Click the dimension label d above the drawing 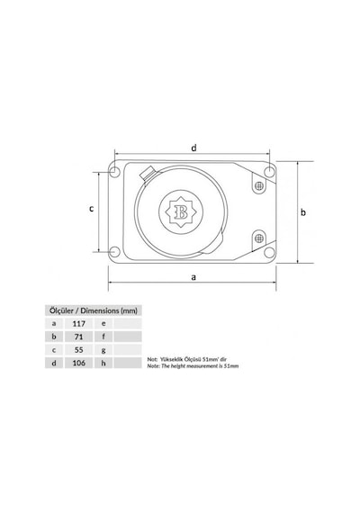(x=194, y=148)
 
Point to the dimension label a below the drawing (x=193, y=277)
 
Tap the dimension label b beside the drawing (x=303, y=212)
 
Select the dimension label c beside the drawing (x=92, y=209)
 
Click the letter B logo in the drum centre (x=181, y=212)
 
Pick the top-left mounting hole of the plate (x=114, y=171)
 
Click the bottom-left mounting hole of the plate (x=114, y=252)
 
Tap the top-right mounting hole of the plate (x=269, y=171)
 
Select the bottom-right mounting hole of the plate (x=269, y=252)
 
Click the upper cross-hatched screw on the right (x=259, y=185)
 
